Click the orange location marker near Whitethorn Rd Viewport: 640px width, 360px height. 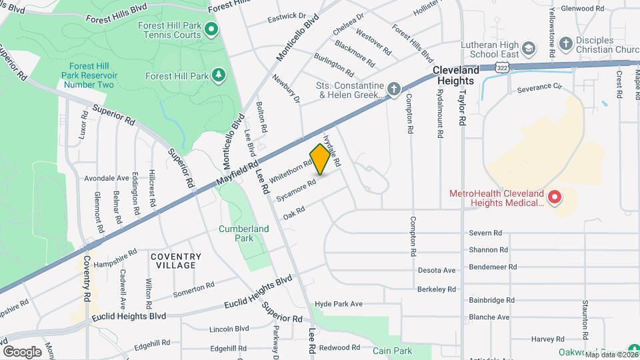[321, 159]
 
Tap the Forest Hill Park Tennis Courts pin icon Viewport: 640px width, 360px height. [211, 29]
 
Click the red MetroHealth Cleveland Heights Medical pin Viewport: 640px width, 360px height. [553, 197]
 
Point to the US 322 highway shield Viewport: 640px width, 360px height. [503, 67]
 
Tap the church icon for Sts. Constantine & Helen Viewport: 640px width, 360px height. [393, 89]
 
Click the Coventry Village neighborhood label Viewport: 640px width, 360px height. [175, 261]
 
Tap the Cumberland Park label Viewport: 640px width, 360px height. [244, 233]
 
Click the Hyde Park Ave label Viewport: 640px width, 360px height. [339, 304]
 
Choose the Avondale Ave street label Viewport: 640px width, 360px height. [107, 178]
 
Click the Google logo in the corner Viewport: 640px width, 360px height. [22, 351]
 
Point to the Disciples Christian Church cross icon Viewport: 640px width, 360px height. [566, 43]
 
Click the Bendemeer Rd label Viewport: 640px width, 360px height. [493, 267]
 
